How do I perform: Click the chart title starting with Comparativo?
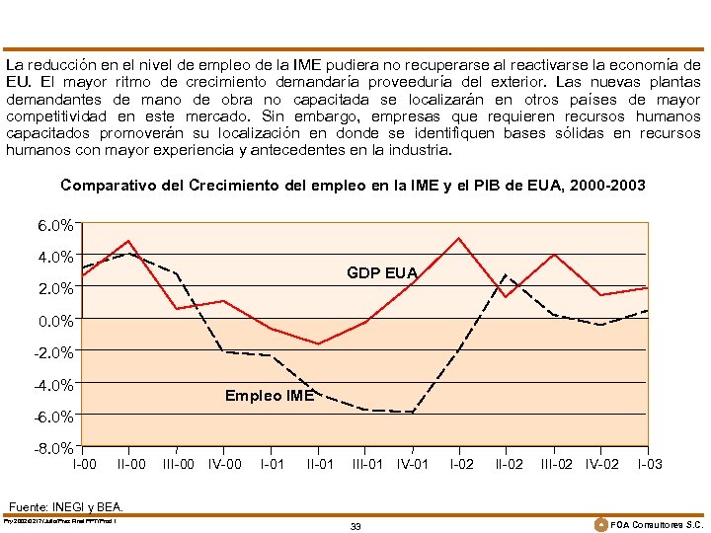click(353, 185)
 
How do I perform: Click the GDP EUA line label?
click(381, 272)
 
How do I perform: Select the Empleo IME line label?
click(269, 396)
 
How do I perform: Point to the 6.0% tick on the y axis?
click(54, 225)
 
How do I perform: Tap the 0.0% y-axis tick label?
click(54, 321)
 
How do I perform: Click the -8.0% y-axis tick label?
click(53, 448)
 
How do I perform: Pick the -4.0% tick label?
click(53, 385)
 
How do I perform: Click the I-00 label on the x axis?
click(85, 464)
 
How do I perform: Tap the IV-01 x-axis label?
click(413, 464)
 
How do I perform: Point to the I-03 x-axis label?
click(650, 464)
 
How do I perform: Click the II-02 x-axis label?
click(509, 464)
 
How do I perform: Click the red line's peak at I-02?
click(459, 238)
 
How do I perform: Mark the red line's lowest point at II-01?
click(318, 343)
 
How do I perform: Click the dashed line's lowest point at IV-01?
click(412, 413)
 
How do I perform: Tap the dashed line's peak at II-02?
click(506, 274)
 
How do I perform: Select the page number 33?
click(355, 526)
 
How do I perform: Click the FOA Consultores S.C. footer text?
click(658, 524)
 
